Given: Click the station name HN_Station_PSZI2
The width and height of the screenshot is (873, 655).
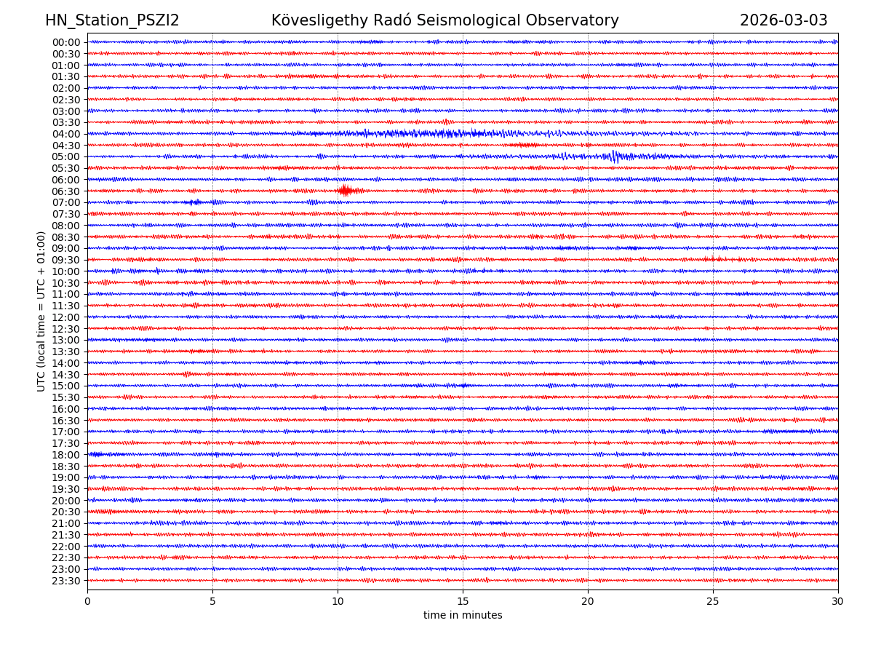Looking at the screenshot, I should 112,21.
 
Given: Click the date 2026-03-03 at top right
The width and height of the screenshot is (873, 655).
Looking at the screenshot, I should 784,21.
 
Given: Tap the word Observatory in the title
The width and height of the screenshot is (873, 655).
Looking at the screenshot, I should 578,21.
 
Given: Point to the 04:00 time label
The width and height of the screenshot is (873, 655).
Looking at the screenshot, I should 66,134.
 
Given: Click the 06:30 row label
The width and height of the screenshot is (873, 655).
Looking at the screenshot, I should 66,191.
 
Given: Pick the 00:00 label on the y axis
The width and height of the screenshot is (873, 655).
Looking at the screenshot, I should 66,42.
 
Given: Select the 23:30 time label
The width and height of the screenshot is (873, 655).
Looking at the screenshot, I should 66,581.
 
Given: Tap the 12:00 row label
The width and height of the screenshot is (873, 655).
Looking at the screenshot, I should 66,317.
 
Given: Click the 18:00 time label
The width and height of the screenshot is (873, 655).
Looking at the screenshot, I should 66,455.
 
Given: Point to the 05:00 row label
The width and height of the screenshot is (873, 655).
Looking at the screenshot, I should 66,156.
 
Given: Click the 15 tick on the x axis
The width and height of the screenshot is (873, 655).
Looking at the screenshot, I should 463,602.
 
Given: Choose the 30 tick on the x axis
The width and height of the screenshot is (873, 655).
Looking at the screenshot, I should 838,602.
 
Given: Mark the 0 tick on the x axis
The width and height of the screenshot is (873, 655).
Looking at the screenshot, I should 87,602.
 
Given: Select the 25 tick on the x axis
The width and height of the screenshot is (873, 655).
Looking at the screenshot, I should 713,602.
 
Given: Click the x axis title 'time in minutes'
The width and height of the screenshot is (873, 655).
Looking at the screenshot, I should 463,616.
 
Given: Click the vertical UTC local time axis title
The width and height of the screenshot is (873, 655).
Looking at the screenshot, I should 41,311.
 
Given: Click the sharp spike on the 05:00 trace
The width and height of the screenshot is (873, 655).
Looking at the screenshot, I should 614,156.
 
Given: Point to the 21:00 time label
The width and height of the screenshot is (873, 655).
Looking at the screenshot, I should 66,523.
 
